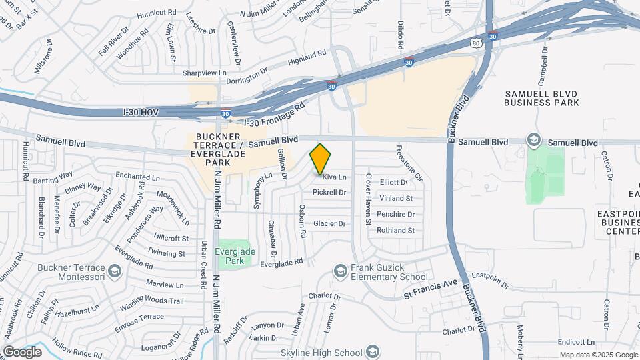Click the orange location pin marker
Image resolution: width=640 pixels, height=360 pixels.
click(x=321, y=159)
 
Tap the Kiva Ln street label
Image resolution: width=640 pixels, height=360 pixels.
click(x=335, y=177)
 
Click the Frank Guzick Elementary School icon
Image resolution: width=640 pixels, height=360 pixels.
click(x=341, y=270)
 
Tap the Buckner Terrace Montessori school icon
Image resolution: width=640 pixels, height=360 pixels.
click(x=115, y=271)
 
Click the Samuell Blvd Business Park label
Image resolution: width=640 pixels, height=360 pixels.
click(x=541, y=98)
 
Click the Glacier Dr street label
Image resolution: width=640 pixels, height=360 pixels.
click(x=330, y=224)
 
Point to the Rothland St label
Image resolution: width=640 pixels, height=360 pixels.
click(x=396, y=231)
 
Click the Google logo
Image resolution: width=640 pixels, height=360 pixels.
click(x=23, y=351)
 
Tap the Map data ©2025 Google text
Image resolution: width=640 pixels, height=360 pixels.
click(x=598, y=355)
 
